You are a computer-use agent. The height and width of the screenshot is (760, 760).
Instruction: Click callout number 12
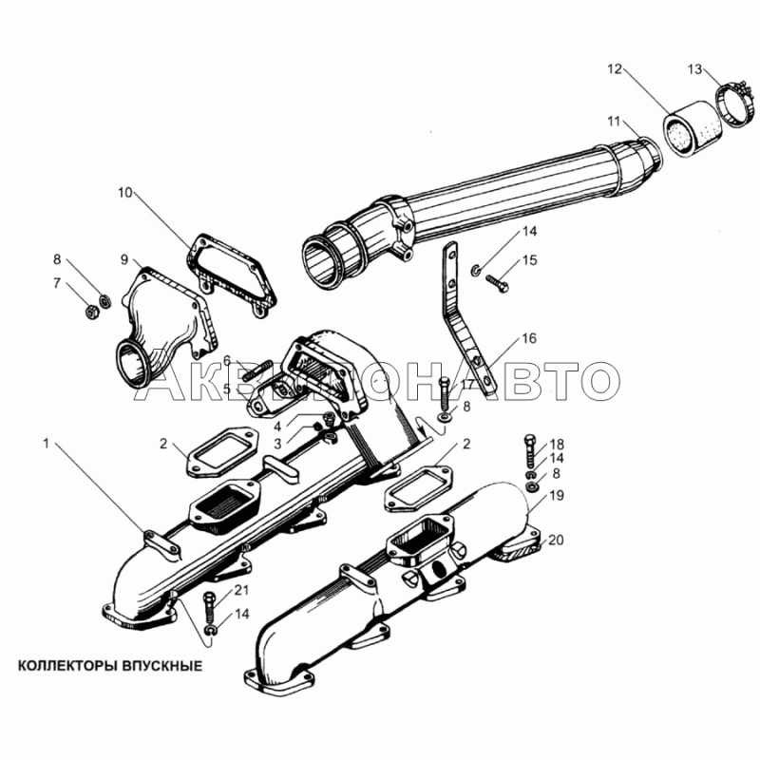[615, 69]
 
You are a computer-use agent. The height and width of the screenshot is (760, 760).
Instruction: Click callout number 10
[125, 194]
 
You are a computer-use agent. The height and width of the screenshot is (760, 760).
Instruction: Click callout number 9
[123, 259]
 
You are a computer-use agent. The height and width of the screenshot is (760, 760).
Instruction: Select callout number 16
[529, 338]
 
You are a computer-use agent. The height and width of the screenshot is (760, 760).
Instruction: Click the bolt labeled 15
[499, 279]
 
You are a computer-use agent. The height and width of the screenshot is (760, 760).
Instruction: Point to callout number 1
[45, 443]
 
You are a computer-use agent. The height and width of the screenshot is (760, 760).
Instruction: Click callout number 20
[557, 541]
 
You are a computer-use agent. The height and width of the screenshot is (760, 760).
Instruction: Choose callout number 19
[557, 495]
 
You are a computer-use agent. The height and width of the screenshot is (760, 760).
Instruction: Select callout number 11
[615, 122]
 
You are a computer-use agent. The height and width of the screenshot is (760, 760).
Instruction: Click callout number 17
[467, 385]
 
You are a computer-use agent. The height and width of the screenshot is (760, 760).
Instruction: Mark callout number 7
[56, 283]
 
